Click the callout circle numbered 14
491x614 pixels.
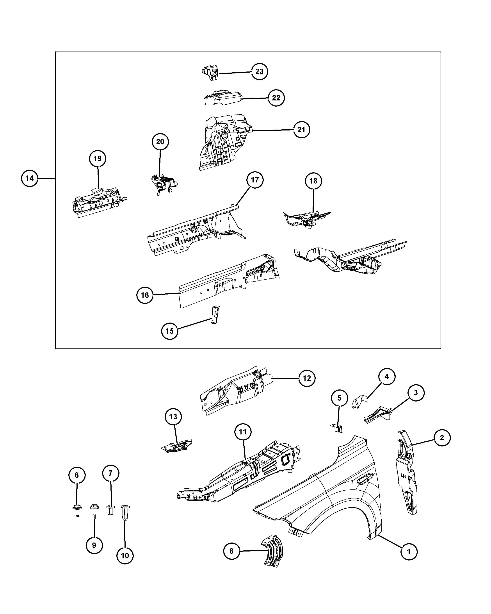coord(30,178)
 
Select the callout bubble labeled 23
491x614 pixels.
coord(259,71)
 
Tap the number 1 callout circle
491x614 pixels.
coord(409,552)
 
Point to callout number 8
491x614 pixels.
coord(231,551)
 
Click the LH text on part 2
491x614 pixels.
coord(403,475)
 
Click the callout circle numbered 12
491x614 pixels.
coord(307,378)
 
